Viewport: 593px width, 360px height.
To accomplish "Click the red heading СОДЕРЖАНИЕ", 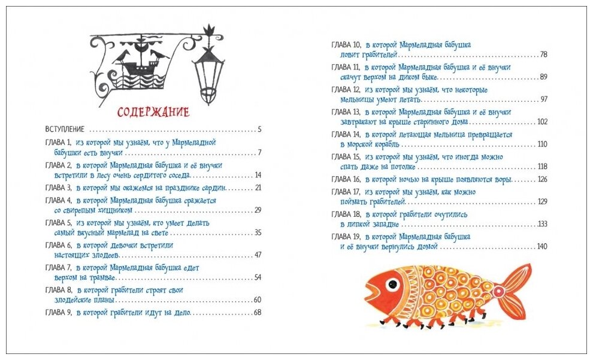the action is coord(153,112).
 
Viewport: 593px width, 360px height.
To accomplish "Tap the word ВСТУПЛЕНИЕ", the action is coord(65,129).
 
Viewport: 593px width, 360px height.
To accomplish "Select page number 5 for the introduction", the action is coord(259,129).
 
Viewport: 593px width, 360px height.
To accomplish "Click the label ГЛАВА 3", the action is coord(58,188).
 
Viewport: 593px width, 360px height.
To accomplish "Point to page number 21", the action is coord(258,187).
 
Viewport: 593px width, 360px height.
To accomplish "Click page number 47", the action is coord(258,255).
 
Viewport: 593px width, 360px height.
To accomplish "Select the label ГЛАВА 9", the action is coord(58,313).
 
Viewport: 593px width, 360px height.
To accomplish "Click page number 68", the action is coord(258,312).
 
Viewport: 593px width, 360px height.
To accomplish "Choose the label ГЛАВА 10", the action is coord(346,45).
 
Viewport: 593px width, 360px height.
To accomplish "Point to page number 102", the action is coord(542,122).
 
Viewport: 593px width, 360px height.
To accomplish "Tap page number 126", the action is coord(542,179).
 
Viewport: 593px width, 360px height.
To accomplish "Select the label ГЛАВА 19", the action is coord(346,237).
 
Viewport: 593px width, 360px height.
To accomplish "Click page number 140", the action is coord(542,247).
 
